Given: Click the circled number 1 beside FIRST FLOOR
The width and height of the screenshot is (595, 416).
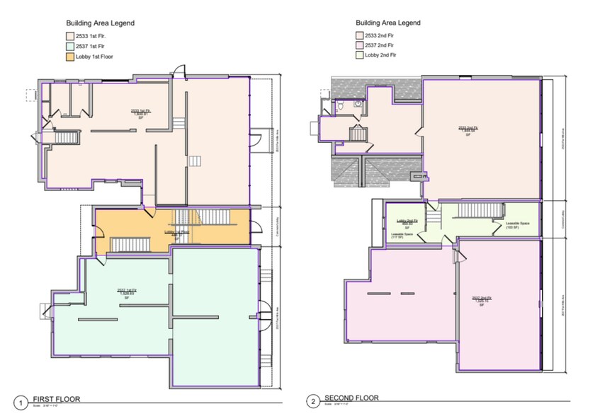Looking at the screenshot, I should (x=23, y=402).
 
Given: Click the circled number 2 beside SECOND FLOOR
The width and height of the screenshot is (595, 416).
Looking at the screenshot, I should (x=313, y=402).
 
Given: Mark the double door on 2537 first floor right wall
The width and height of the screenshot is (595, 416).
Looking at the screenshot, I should (x=266, y=314).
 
